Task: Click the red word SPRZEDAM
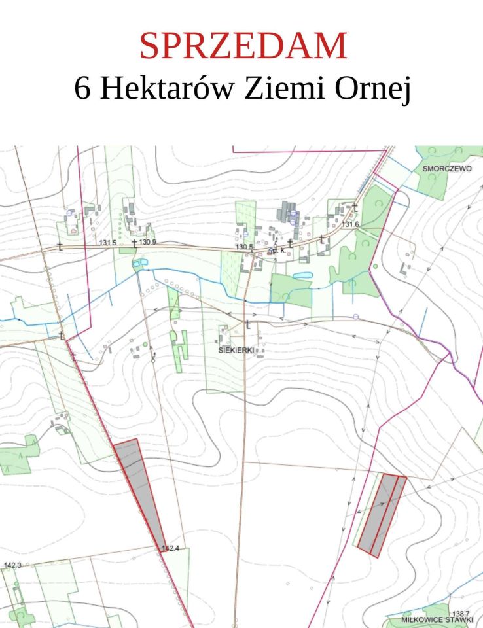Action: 242,46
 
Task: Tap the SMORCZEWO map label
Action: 448,168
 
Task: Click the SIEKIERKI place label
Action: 236,350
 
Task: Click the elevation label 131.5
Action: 107,243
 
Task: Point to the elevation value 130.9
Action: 147,243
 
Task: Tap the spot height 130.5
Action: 244,247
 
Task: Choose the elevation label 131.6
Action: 350,224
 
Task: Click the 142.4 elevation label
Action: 170,549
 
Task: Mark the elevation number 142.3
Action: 12,565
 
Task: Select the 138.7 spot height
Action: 461,613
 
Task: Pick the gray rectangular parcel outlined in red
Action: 381,515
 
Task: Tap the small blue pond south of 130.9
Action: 137,263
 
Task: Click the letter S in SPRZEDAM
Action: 149,46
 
